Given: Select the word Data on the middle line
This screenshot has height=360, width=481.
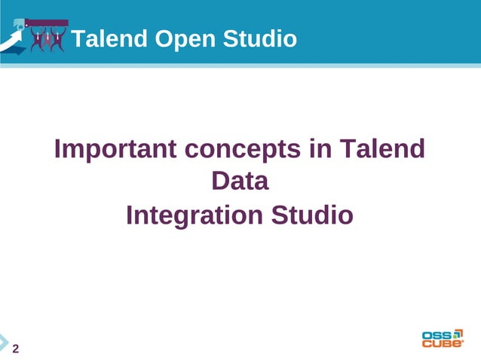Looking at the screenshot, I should point(240,182).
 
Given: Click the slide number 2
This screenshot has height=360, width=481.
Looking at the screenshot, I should point(15,348).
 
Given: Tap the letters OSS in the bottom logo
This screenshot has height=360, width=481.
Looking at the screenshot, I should point(437,334).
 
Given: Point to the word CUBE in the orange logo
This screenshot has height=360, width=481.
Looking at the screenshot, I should point(440,344).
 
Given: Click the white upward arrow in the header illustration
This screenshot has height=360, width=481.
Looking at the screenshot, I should point(11,42).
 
